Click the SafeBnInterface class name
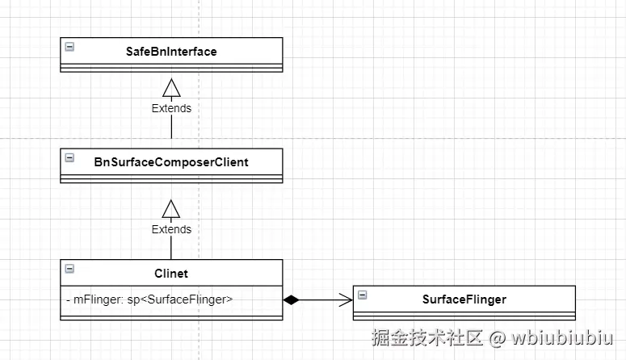coord(171,51)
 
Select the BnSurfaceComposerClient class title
coord(171,161)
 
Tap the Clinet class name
coord(171,273)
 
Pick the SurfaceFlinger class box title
coord(464,299)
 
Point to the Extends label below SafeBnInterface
coord(171,108)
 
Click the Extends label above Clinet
coord(171,229)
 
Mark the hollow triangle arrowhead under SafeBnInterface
coord(171,86)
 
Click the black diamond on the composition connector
coord(292,300)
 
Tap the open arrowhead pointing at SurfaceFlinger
coord(347,300)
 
